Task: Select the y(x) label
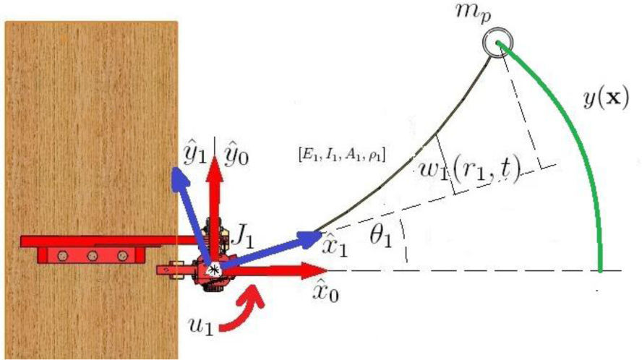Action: click(605, 98)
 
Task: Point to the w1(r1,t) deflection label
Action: click(471, 173)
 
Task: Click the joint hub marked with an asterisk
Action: click(213, 269)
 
